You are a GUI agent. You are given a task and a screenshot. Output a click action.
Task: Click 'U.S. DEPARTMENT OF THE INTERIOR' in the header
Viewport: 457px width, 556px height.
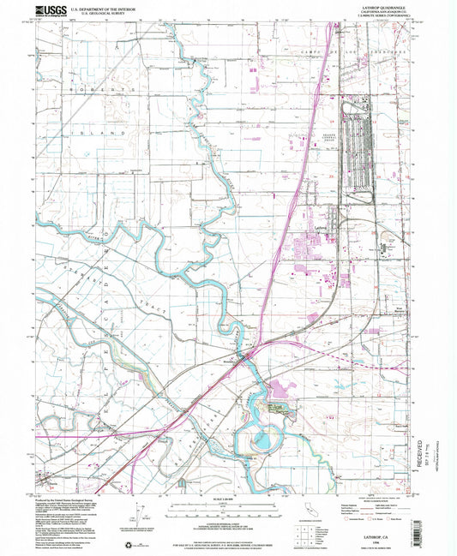[104, 8]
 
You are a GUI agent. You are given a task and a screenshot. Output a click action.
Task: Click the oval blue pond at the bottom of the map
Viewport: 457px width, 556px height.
[260, 442]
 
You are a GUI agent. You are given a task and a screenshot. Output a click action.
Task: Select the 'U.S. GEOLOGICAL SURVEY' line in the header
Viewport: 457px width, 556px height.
[104, 14]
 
